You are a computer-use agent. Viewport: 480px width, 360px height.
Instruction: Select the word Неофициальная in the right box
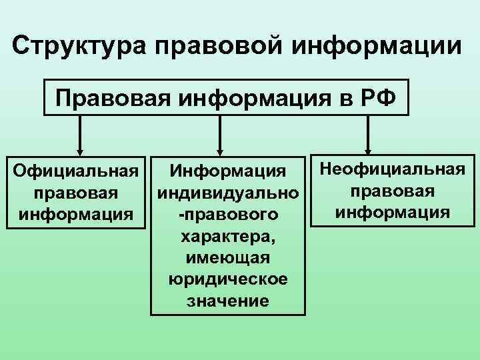coord(392,169)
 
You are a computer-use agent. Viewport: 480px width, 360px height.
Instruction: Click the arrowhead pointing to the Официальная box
coord(81,151)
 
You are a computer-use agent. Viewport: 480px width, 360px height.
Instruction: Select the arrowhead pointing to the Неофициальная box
coord(369,151)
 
